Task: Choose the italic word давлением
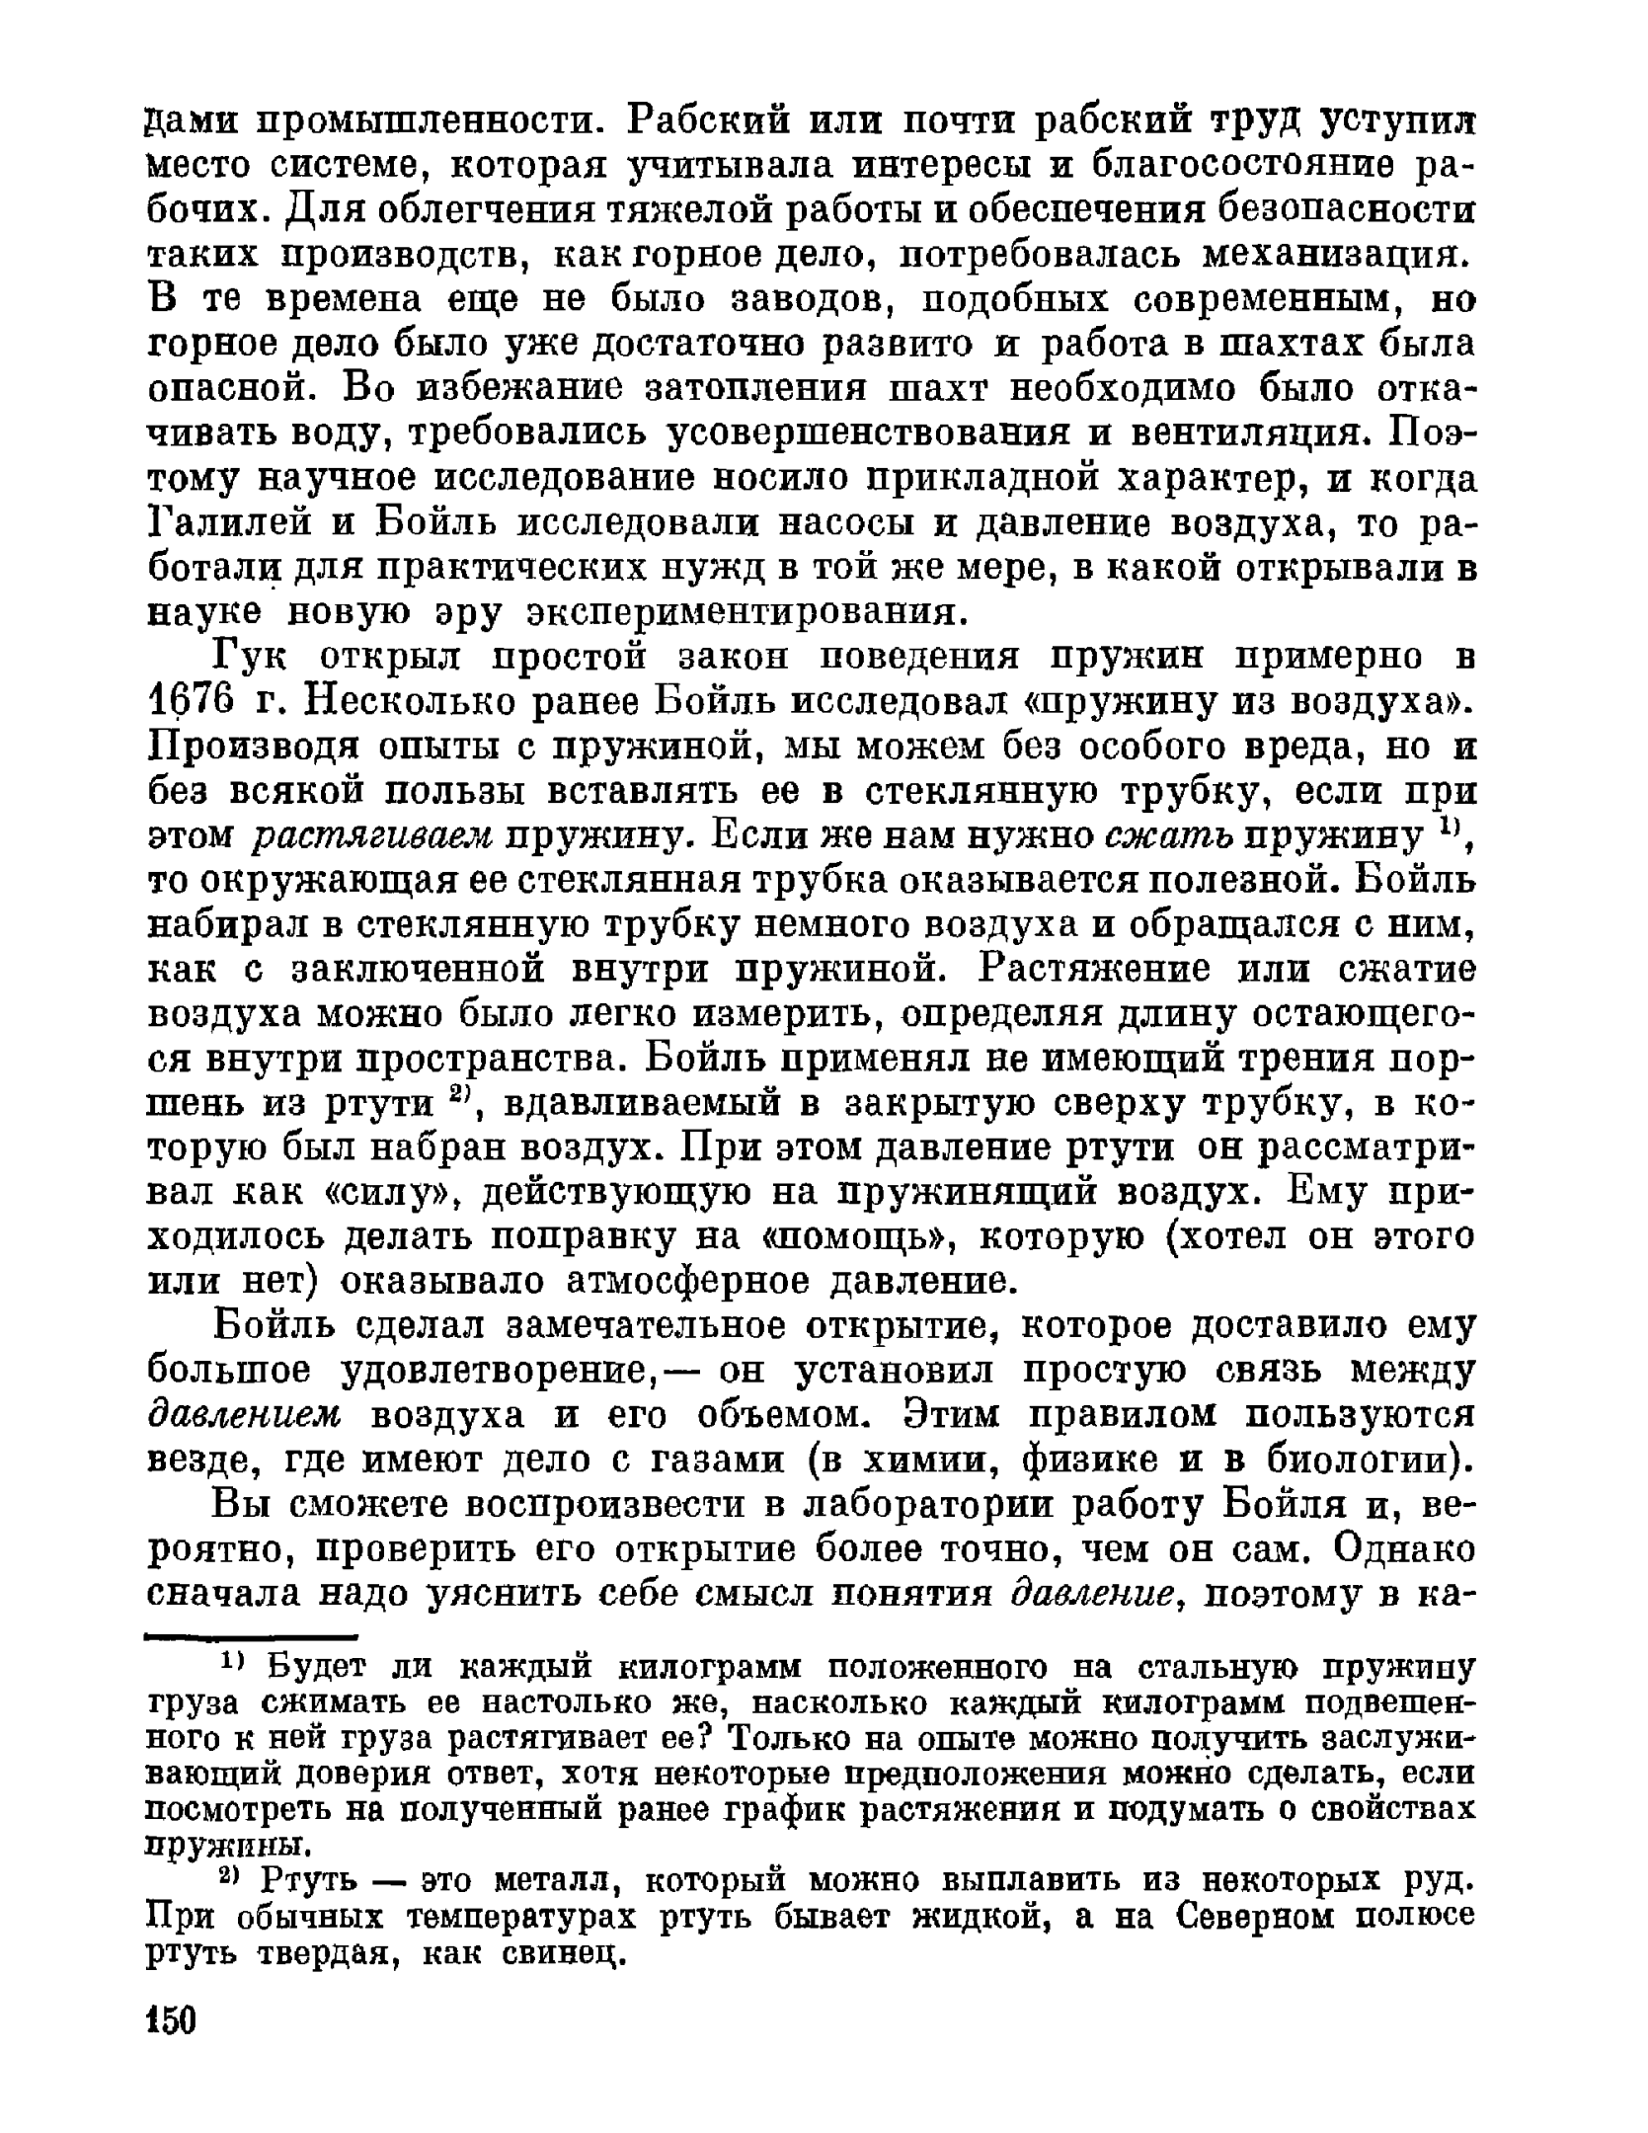(x=244, y=1415)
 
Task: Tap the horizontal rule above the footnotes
(x=251, y=1637)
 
